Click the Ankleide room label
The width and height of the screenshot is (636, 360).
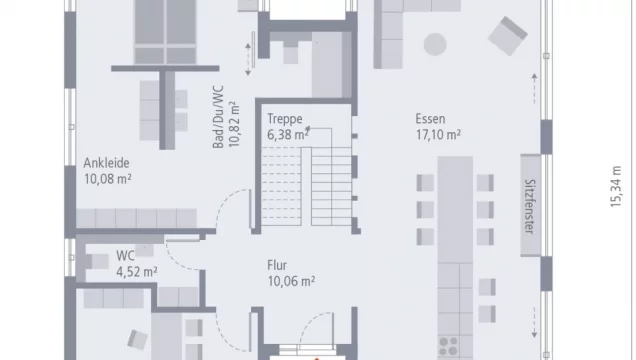pos(107,163)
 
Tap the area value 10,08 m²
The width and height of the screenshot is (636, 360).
pos(108,179)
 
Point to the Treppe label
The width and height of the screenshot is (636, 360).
pos(284,118)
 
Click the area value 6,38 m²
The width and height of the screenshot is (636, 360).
pos(288,133)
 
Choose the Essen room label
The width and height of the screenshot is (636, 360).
pos(431,118)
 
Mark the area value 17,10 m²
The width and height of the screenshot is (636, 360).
pos(438,133)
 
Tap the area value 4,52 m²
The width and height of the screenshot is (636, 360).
pos(137,271)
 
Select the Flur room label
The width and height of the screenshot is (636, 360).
pos(277,265)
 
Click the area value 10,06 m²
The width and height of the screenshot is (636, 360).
pos(291,281)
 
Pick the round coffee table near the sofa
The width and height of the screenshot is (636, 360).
pos(436,43)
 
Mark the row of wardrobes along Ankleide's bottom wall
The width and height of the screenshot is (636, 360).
pos(136,218)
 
